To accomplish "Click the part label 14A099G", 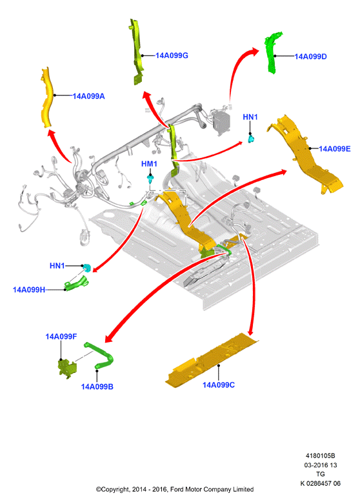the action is pos(172,55).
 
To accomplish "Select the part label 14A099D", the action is pos(310,57).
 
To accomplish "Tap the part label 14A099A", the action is pos(88,96).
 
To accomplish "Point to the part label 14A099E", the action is pos(335,149).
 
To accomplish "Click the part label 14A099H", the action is pos(29,290).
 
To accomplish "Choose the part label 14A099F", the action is pos(61,336).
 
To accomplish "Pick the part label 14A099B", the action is pos(97,387).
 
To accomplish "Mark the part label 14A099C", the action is pos(219,385).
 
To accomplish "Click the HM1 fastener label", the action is pos(149,164).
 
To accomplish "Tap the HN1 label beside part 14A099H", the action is pos(57,266).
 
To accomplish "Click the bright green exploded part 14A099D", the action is pos(273,53).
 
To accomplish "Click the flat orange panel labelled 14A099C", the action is pos(211,360).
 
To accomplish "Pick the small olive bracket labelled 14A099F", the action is pos(67,369).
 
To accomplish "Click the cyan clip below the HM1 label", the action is pos(150,179).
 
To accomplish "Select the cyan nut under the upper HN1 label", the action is pos(251,139).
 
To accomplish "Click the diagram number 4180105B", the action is pos(320,456).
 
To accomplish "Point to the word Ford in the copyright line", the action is pos(177,489).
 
